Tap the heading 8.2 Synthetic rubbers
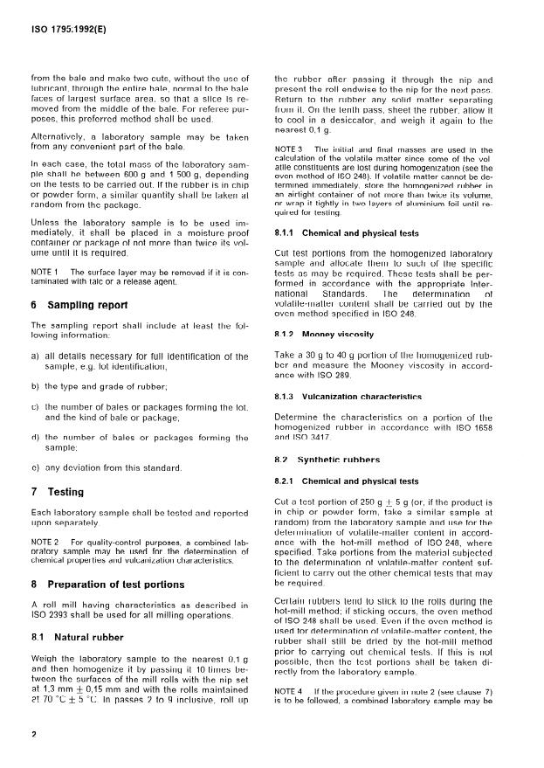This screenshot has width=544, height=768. (x=327, y=460)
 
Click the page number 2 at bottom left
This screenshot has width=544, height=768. (x=33, y=734)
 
